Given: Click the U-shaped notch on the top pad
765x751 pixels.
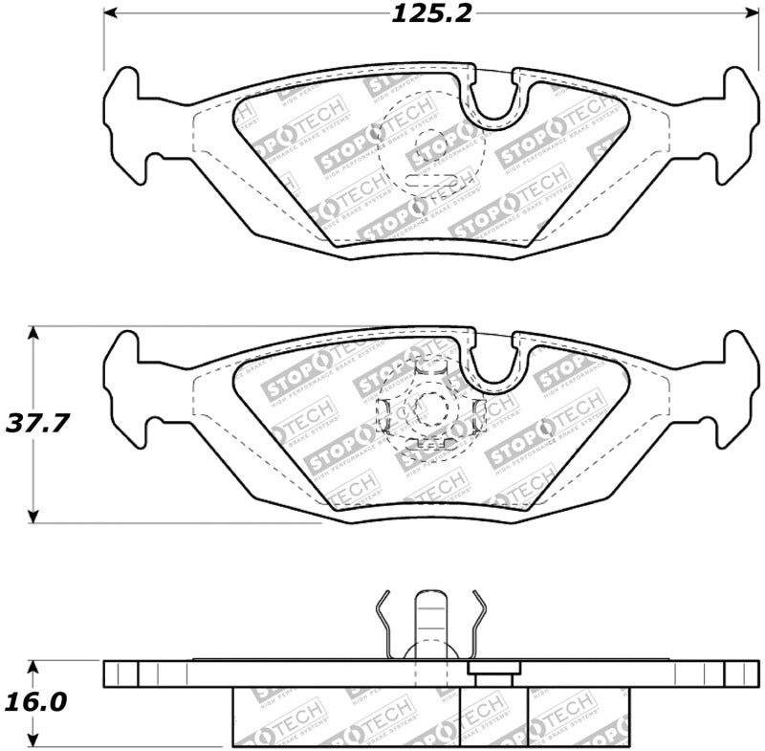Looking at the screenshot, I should pyautogui.click(x=494, y=100).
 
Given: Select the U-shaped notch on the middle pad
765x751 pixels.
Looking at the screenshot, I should pyautogui.click(x=494, y=364).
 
